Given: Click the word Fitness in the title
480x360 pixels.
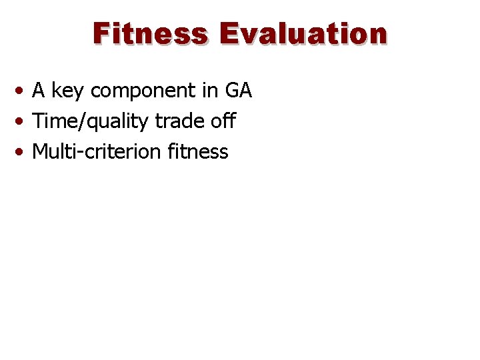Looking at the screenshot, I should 150,33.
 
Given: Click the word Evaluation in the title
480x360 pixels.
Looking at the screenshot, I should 303,33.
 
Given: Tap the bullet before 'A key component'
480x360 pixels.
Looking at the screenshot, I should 23,91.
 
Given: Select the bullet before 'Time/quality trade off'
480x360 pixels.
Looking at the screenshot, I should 23,121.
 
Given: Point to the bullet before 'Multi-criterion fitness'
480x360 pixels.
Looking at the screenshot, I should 23,152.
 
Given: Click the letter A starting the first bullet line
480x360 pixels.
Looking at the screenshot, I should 39,90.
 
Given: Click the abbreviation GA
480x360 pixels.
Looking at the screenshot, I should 239,90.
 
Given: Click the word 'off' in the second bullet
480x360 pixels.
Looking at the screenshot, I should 223,121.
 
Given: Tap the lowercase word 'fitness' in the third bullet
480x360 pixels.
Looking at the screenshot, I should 198,152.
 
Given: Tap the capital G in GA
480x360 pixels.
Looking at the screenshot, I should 233,90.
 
